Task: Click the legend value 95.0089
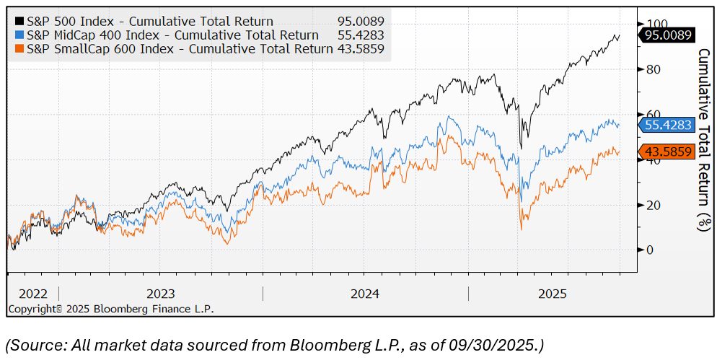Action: click(361, 21)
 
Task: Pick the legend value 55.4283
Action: click(361, 35)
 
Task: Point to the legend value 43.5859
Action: click(361, 48)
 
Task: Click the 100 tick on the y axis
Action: click(653, 24)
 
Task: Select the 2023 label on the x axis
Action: click(161, 294)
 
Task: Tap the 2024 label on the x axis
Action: click(366, 294)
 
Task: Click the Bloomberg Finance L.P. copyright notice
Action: click(110, 309)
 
